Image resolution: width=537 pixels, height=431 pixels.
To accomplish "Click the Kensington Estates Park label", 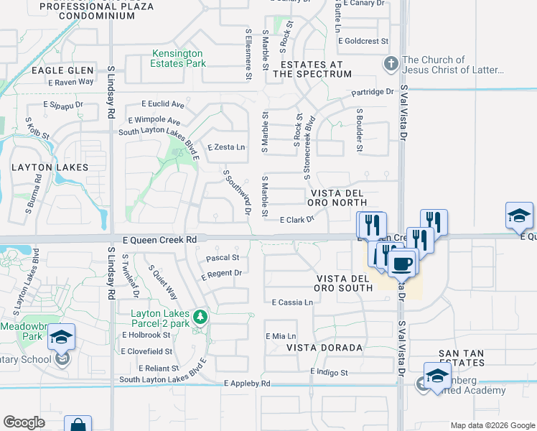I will pyautogui.click(x=177, y=58).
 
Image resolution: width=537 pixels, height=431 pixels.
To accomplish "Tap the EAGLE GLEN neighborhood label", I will pyautogui.click(x=62, y=70).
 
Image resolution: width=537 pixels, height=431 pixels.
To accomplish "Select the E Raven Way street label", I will pyautogui.click(x=71, y=82).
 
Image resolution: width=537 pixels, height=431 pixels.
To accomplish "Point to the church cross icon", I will pyautogui.click(x=391, y=64).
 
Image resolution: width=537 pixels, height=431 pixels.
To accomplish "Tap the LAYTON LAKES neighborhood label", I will pyautogui.click(x=50, y=167).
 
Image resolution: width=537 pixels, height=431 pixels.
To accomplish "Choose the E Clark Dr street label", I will pyautogui.click(x=297, y=220).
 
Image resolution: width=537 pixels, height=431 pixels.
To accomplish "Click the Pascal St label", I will pyautogui.click(x=222, y=257).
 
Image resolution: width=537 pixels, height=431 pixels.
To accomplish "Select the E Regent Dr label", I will pyautogui.click(x=221, y=274).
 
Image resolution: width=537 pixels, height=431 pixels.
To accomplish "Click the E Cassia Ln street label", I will pyautogui.click(x=292, y=302).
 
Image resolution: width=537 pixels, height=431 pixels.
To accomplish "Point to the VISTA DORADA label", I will pyautogui.click(x=324, y=348).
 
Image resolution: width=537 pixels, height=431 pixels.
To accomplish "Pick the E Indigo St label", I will pyautogui.click(x=329, y=373).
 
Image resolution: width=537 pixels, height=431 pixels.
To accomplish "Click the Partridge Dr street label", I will pyautogui.click(x=373, y=92).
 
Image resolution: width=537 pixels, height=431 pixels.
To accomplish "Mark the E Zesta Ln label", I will pyautogui.click(x=226, y=147).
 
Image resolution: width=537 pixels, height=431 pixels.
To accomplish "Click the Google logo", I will pyautogui.click(x=24, y=422).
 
